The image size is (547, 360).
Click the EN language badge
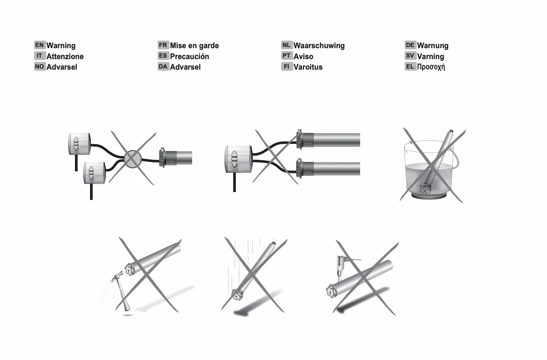(x=40, y=45)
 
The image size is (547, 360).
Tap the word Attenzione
(x=65, y=56)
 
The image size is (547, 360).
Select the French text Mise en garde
(x=194, y=46)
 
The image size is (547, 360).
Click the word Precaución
(x=189, y=56)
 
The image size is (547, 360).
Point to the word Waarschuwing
(x=319, y=46)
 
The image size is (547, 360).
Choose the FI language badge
(x=287, y=66)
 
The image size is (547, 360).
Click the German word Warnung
(x=433, y=46)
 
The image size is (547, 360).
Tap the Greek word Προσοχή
(x=431, y=67)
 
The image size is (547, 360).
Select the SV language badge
(x=410, y=56)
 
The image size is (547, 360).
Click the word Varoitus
(x=308, y=67)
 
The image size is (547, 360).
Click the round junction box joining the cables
(x=133, y=159)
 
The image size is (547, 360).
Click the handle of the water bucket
(x=455, y=159)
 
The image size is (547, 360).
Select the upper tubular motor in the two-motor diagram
(x=328, y=140)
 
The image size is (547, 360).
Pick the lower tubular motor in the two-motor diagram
(x=328, y=169)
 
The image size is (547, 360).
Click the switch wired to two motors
(x=238, y=159)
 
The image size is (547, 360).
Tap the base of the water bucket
(x=429, y=196)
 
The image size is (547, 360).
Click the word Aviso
(x=303, y=56)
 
